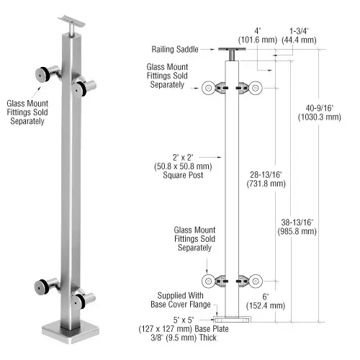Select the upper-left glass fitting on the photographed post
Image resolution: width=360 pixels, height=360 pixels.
pos(44,75)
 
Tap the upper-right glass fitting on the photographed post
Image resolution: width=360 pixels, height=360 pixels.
pos(85,87)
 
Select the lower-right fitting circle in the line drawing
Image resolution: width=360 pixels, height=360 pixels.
pos(256,281)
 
